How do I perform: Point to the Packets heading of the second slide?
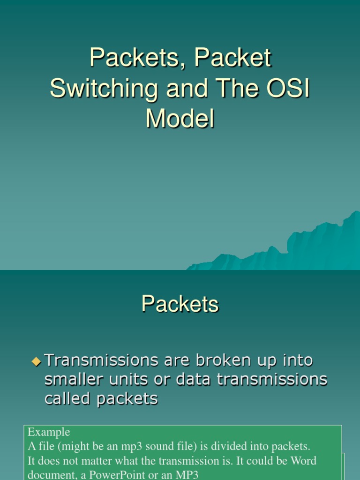(180, 305)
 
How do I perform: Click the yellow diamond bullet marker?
(37, 361)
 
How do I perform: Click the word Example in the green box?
(49, 432)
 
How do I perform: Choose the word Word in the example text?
(303, 460)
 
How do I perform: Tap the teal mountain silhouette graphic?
(300, 248)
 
